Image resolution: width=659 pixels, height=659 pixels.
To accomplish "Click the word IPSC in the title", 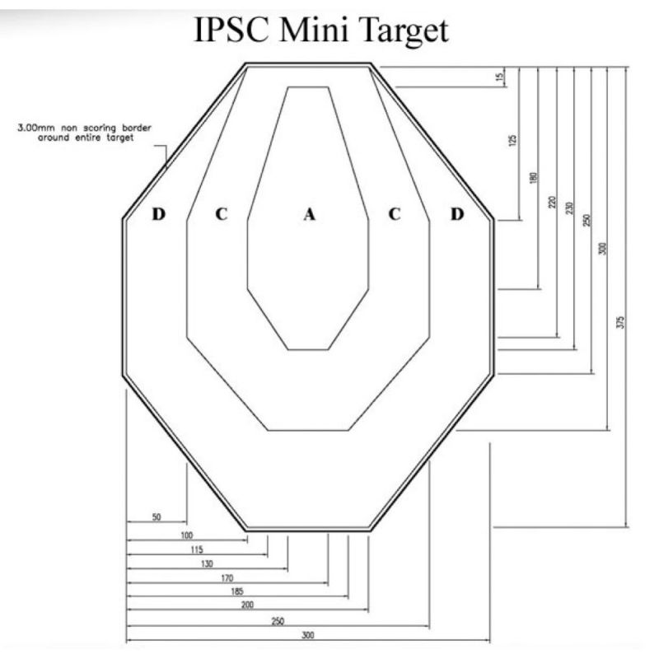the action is [x=231, y=30].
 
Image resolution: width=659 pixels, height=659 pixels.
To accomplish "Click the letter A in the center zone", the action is [x=310, y=214].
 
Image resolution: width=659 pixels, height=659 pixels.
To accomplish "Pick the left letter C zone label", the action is [x=222, y=214].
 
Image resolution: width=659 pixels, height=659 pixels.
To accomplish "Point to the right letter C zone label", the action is [x=395, y=214].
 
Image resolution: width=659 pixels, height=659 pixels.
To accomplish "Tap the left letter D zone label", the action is [x=158, y=214].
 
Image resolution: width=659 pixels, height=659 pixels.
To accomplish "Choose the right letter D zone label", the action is [x=457, y=214].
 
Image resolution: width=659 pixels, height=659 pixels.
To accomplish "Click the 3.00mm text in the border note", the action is [x=36, y=128].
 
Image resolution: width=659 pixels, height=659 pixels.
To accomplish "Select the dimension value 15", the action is [x=500, y=77].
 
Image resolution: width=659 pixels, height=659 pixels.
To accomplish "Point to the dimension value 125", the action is [x=512, y=140].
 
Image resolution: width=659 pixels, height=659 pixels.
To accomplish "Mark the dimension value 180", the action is [x=533, y=178].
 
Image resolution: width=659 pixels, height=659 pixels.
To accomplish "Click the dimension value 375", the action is [x=622, y=322].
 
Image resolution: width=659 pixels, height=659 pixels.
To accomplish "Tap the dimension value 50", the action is [x=157, y=517].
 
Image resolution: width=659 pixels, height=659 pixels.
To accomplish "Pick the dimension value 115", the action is [x=197, y=549].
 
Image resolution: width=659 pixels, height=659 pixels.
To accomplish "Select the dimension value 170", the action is [x=227, y=578].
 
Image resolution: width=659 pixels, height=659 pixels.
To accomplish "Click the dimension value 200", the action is [x=247, y=605].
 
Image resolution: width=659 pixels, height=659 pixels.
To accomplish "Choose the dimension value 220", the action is [x=553, y=202].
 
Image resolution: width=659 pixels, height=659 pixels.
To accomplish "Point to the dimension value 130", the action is [x=207, y=563].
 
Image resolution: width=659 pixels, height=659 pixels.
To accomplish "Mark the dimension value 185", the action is [x=237, y=591].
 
